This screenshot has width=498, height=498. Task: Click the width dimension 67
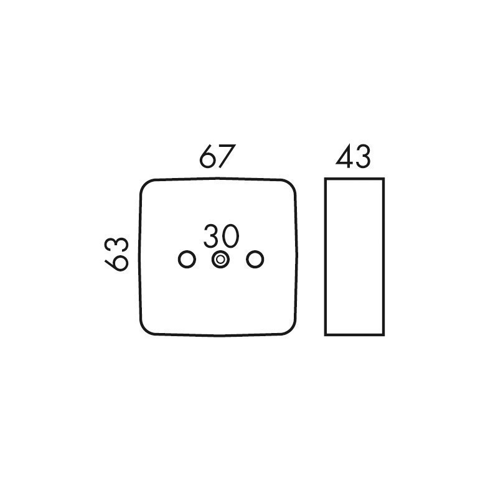[x=217, y=156]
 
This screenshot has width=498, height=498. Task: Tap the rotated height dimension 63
[x=116, y=254]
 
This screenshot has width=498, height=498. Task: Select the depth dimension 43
[x=353, y=156]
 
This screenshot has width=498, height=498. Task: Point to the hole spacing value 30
[x=221, y=236]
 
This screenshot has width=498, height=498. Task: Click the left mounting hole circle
[x=187, y=260]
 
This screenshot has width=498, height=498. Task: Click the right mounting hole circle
[x=255, y=260]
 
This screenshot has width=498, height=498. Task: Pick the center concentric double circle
[x=221, y=260]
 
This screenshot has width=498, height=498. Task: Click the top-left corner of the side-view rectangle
[x=325, y=179]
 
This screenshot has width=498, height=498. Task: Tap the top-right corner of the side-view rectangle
[x=383, y=179]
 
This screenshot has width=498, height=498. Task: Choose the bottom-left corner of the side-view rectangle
[x=325, y=335]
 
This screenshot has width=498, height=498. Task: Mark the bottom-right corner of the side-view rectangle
[x=383, y=335]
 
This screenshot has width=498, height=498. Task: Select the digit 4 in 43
[x=344, y=156]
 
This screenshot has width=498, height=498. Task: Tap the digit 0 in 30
[x=230, y=236]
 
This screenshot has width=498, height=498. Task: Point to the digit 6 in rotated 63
[x=116, y=263]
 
